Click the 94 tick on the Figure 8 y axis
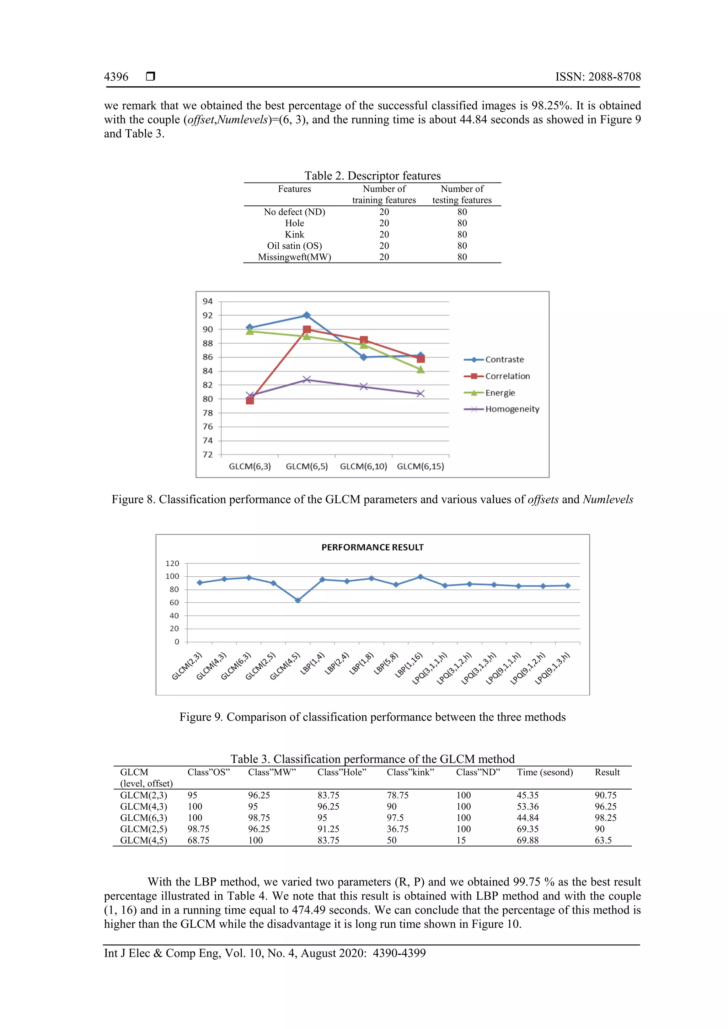click(x=208, y=301)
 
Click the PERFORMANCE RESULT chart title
click(x=372, y=547)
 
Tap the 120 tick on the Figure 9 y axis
click(x=172, y=563)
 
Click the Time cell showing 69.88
click(x=528, y=840)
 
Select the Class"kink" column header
click(x=410, y=772)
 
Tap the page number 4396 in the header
click(x=116, y=77)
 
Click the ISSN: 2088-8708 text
click(x=598, y=77)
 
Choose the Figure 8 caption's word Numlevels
click(x=608, y=499)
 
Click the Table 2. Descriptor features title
click(x=373, y=175)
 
